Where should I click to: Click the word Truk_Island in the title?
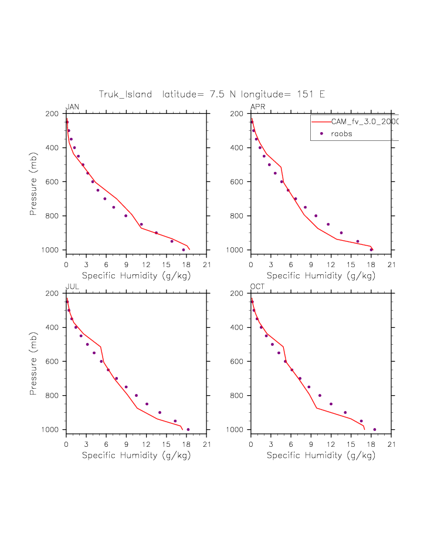click(x=125, y=94)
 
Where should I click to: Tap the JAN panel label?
click(x=72, y=107)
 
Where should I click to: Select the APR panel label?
click(x=257, y=107)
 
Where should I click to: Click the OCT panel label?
click(x=258, y=287)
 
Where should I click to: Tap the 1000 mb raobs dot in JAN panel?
click(x=184, y=250)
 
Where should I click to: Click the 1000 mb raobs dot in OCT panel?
click(x=375, y=429)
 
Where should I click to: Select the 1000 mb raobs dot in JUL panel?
click(x=188, y=429)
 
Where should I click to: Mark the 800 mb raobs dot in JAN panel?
click(x=126, y=215)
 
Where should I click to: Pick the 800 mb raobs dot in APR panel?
click(x=316, y=215)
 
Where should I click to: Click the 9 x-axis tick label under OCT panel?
click(x=311, y=444)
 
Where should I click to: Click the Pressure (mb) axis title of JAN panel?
click(x=34, y=181)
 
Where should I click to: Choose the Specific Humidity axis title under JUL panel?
click(x=136, y=455)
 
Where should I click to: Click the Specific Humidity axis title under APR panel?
click(x=321, y=275)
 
